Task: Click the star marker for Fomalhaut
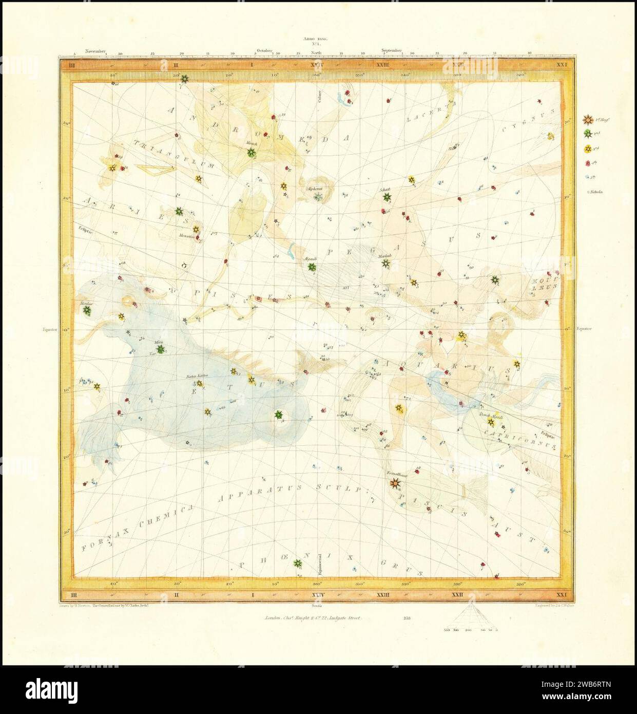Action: (x=394, y=483)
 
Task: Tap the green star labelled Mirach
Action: (x=252, y=153)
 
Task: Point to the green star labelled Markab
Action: (x=385, y=264)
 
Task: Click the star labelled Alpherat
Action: (x=318, y=197)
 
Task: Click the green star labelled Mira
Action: (x=161, y=349)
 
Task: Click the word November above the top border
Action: (x=95, y=51)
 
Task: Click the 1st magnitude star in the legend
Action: (x=586, y=120)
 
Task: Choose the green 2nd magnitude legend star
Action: (x=586, y=134)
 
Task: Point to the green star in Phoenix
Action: (x=296, y=563)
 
